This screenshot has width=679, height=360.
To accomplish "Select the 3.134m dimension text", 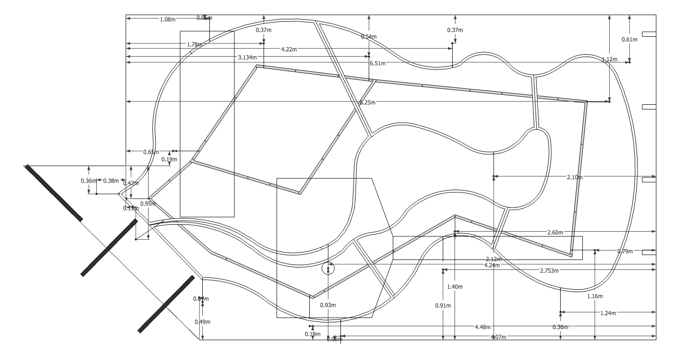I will (248, 58).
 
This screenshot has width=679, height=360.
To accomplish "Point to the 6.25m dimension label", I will (367, 102).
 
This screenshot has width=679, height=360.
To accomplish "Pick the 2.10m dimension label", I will (575, 177).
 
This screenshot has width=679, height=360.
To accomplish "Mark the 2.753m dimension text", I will (549, 270).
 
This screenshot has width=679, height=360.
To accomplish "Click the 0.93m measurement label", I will (328, 305).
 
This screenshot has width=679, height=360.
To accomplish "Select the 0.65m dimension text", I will (151, 152).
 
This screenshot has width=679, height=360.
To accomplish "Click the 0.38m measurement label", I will (111, 181).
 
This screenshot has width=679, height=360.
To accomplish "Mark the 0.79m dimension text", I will (626, 251).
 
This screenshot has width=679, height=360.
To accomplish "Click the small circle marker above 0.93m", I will (328, 269).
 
